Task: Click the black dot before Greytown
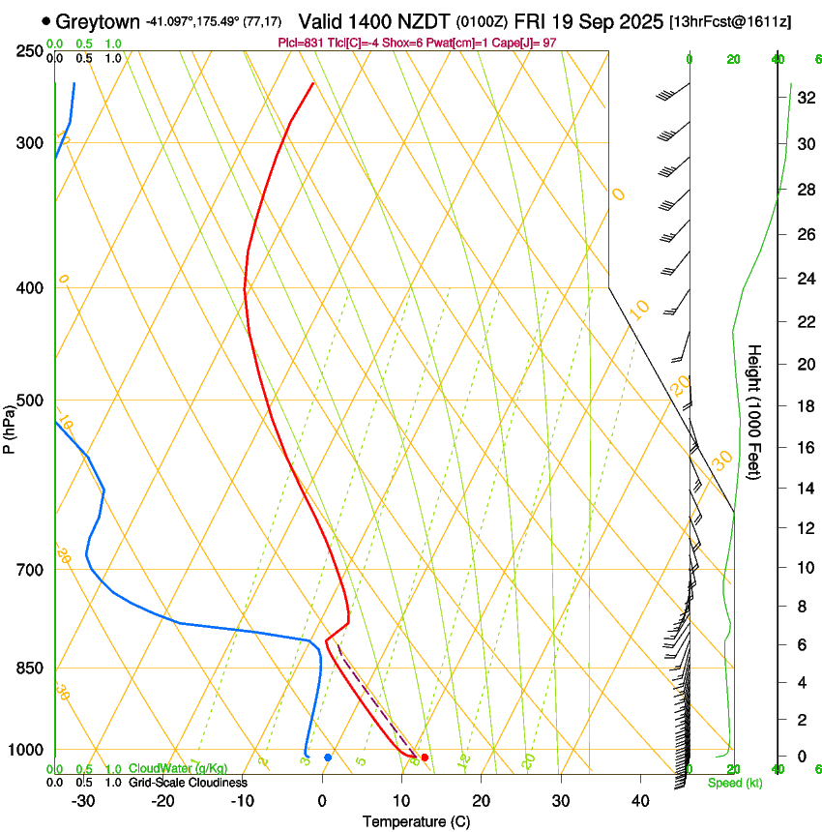tap(46, 20)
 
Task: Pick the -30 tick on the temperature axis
tap(83, 800)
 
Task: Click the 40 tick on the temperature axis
tap(639, 800)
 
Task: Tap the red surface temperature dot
tap(425, 758)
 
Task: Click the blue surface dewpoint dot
tap(328, 758)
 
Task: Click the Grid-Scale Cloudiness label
tap(186, 783)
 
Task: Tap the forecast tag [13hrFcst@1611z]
tap(729, 21)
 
